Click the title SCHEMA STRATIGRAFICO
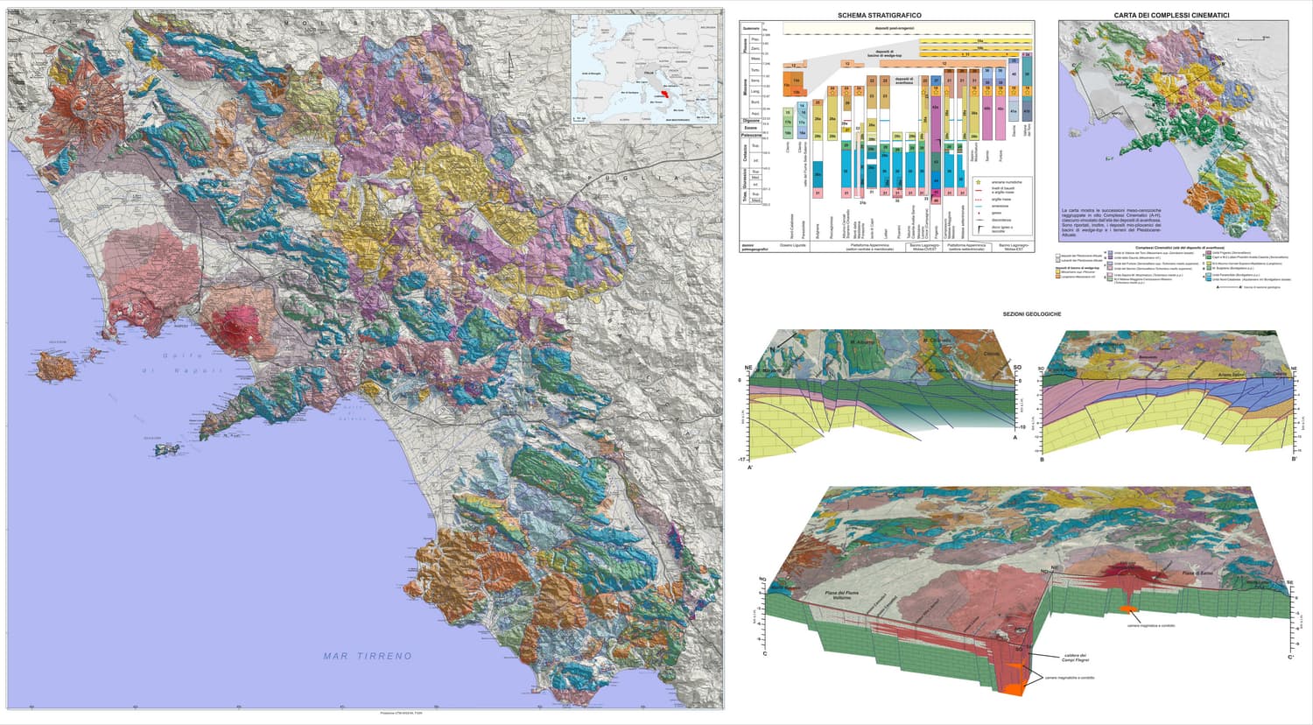click(x=879, y=15)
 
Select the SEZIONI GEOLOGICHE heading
click(x=1032, y=313)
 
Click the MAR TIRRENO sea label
click(x=367, y=656)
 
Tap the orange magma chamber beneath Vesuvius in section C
click(x=1129, y=609)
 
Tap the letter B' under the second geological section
click(x=1294, y=459)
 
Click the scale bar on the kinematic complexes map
click(x=1258, y=39)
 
